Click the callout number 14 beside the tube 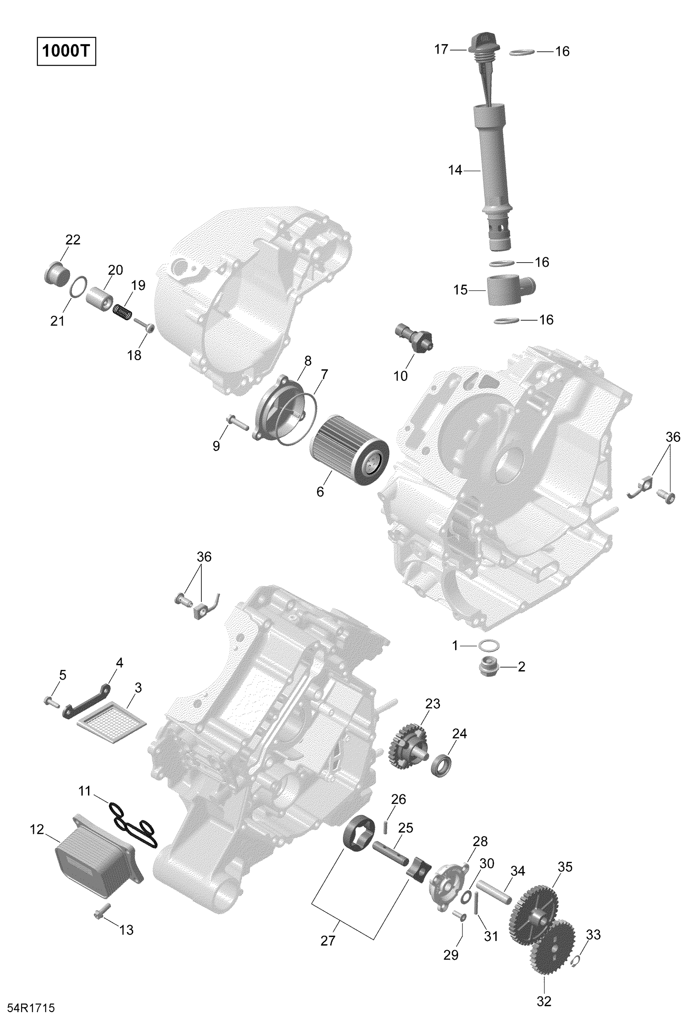(455, 170)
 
